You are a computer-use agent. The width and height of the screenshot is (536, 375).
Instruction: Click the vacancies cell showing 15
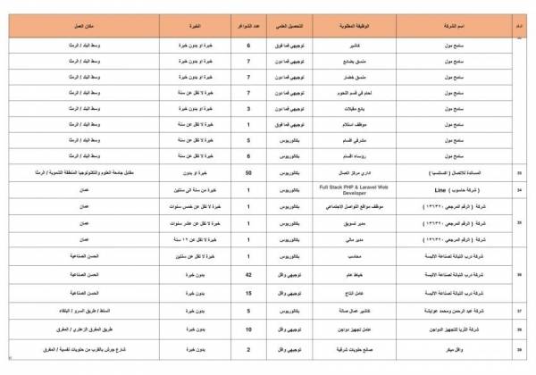point(247,292)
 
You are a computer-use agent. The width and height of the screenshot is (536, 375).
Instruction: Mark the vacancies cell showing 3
point(247,107)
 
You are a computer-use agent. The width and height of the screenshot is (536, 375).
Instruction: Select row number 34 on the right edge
point(521,189)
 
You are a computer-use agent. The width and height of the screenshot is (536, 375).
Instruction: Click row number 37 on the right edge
point(521,311)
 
